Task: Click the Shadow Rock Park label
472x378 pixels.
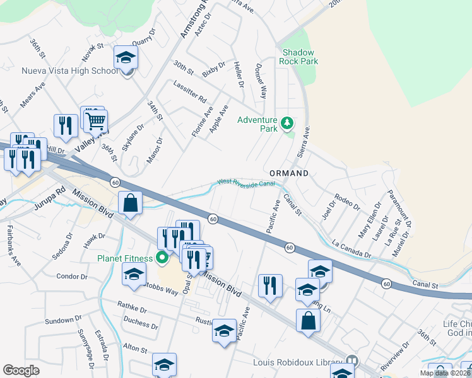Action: pos(300,57)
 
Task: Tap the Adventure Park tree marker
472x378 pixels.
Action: pos(288,122)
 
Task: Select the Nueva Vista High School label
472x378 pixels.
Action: pos(69,71)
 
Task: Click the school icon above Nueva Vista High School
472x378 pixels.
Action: pos(126,59)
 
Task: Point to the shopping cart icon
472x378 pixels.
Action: pos(96,120)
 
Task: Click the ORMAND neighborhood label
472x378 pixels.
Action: pos(289,173)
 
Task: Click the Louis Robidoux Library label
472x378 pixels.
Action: pos(306,362)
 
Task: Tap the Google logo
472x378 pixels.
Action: pos(21,370)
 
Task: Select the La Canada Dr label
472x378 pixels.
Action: pos(351,250)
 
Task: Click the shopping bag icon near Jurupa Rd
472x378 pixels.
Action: pos(130,203)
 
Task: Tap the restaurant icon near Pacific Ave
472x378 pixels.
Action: pos(270,285)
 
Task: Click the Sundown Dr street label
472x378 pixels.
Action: pos(61,321)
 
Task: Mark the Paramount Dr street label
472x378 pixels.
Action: pos(399,209)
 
